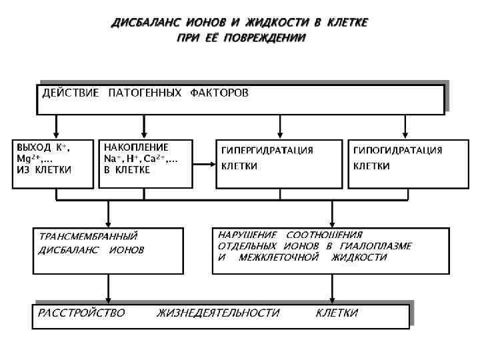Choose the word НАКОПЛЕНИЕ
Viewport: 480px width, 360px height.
tap(136, 147)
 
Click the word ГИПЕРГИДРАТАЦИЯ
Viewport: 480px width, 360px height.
tap(267, 151)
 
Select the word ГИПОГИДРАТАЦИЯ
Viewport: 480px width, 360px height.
tap(397, 151)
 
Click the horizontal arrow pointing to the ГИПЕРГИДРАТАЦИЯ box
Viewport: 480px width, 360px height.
tap(203, 164)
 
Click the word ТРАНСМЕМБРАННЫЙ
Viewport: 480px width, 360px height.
tap(88, 236)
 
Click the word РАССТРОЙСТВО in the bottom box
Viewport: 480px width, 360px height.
tap(81, 313)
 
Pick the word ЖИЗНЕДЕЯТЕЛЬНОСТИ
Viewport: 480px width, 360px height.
tap(218, 313)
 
